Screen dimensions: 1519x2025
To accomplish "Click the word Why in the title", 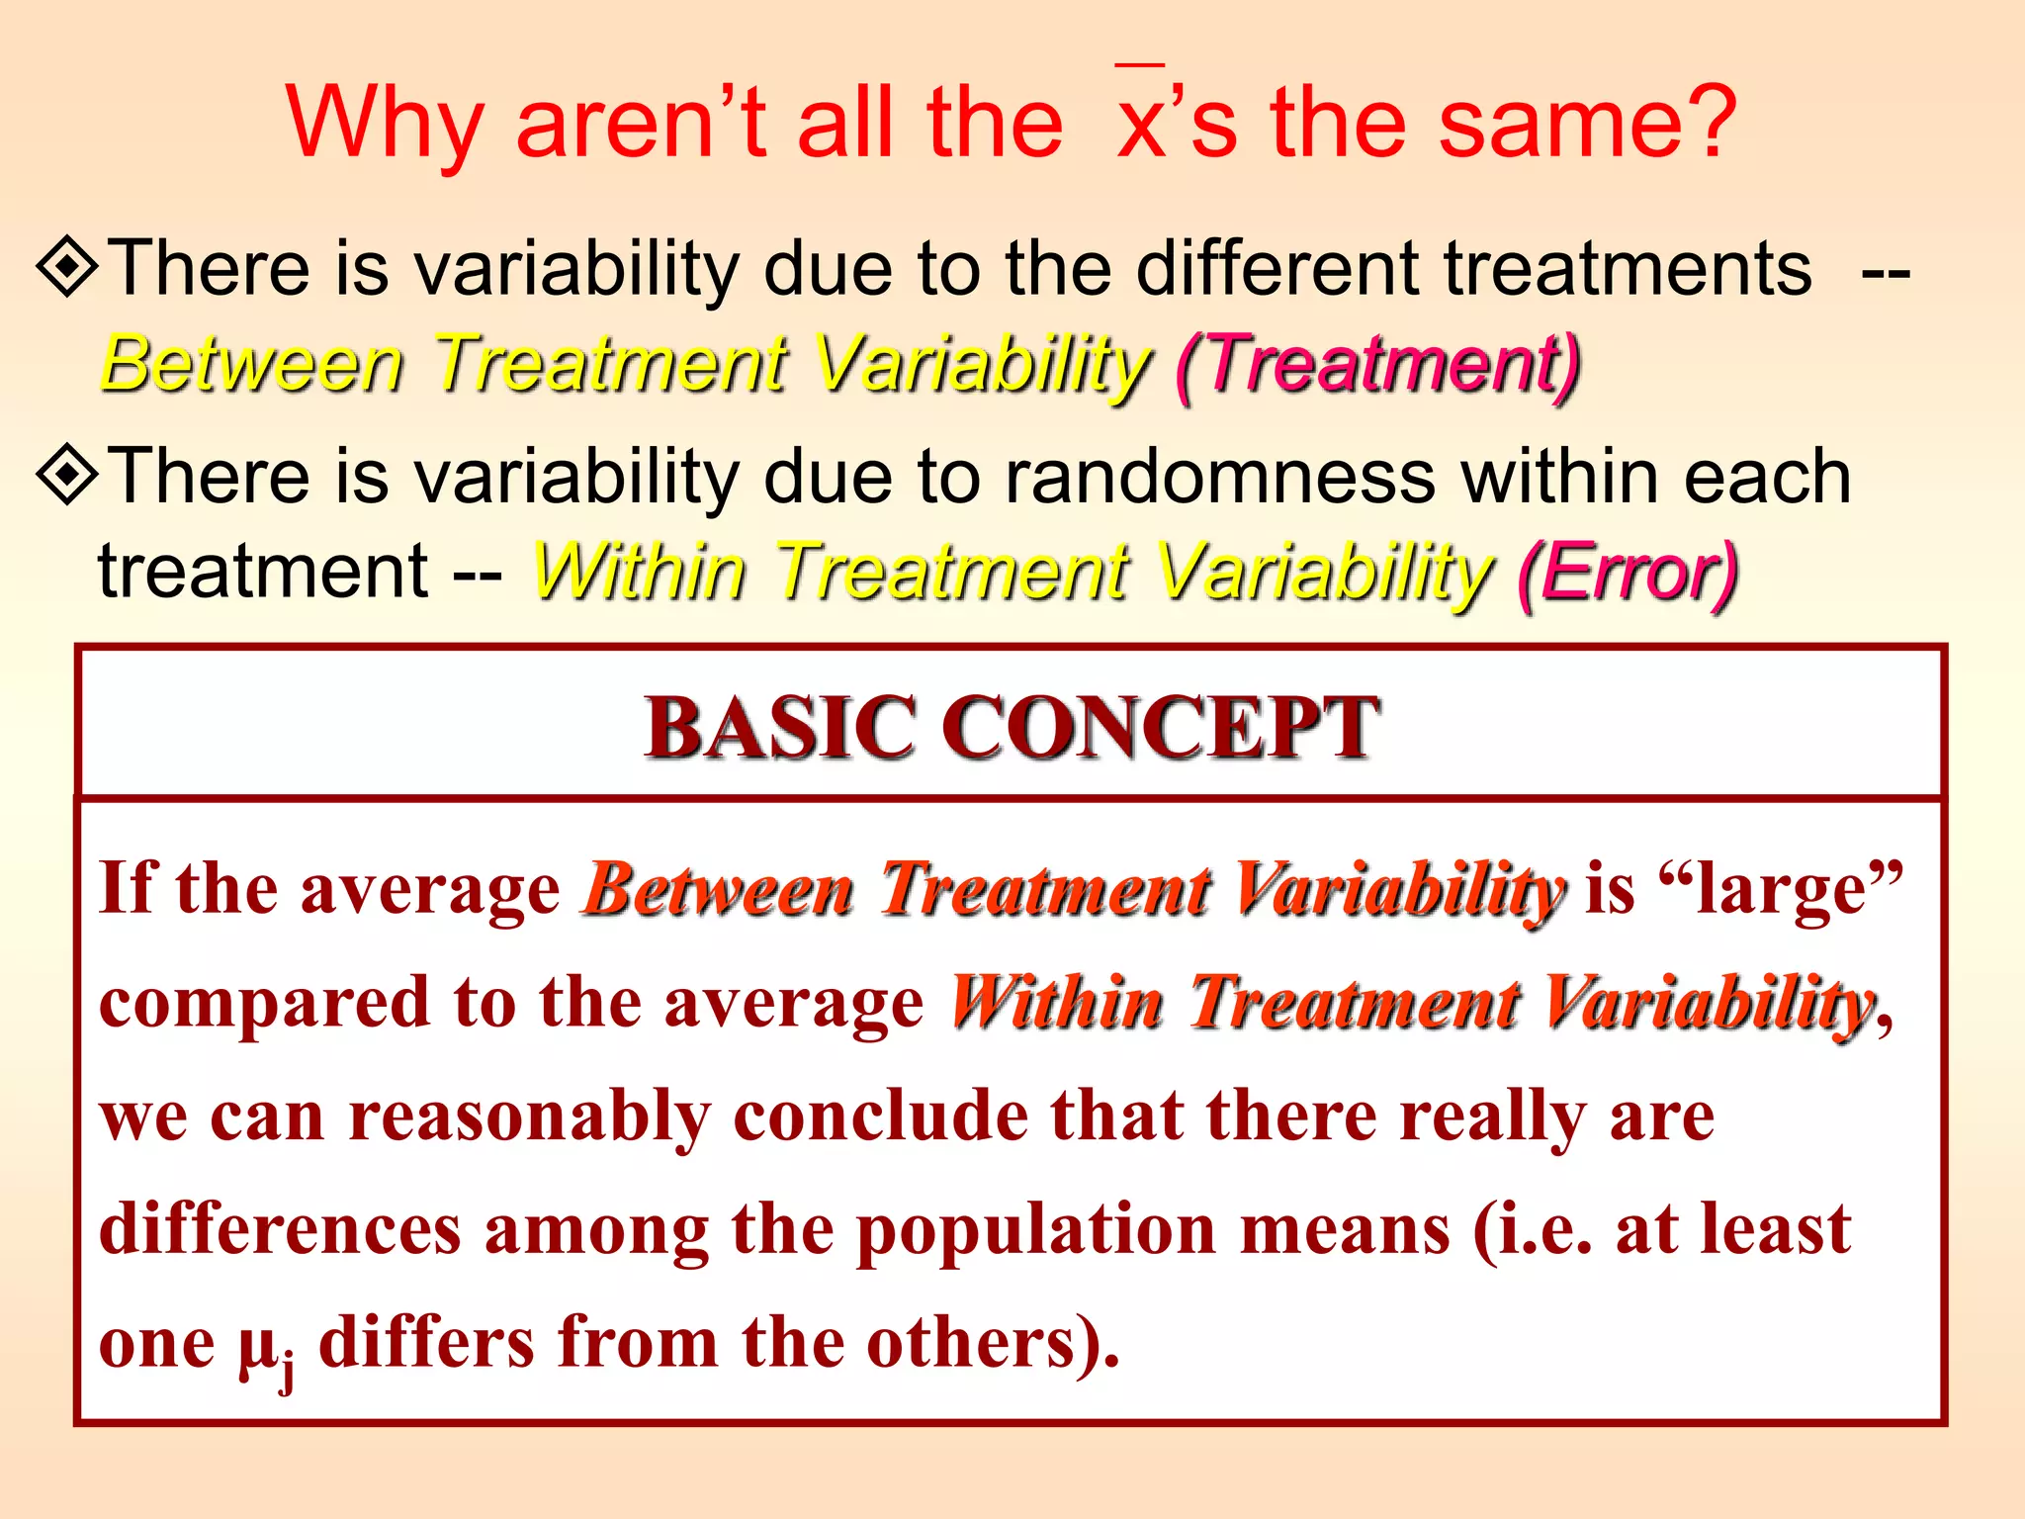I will tap(384, 125).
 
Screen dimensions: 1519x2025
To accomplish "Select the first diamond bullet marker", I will tap(67, 266).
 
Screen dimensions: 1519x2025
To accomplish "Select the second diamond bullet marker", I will tap(67, 475).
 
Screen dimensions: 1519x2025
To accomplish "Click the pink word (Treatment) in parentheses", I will tap(1378, 365).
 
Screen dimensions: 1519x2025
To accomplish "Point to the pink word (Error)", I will tap(1628, 573).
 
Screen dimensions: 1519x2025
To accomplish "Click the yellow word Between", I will tap(253, 365).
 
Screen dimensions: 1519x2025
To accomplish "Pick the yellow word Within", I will tap(639, 573).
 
